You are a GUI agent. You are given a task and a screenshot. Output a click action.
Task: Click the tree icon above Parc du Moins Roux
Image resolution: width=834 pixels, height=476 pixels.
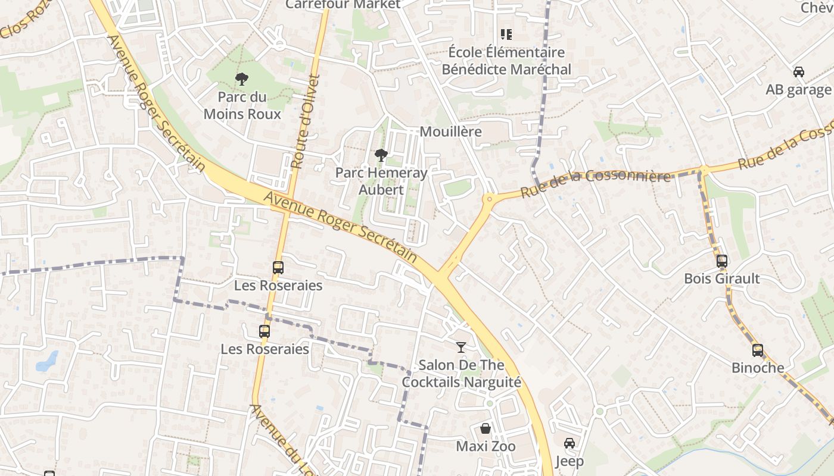pyautogui.click(x=241, y=79)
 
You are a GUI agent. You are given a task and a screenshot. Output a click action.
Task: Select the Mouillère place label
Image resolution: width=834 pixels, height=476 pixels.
pyautogui.click(x=450, y=131)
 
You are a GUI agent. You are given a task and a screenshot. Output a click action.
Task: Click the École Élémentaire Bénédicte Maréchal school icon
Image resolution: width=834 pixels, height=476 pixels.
pyautogui.click(x=506, y=35)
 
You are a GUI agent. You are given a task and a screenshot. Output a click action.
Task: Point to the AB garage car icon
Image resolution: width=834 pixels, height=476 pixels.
pyautogui.click(x=798, y=72)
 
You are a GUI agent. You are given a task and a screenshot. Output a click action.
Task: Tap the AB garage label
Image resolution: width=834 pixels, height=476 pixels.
pyautogui.click(x=798, y=90)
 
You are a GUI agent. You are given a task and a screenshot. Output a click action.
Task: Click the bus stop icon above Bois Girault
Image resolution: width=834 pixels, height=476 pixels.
pyautogui.click(x=721, y=261)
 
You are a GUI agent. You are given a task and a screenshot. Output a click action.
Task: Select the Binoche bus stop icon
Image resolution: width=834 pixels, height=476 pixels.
pyautogui.click(x=757, y=350)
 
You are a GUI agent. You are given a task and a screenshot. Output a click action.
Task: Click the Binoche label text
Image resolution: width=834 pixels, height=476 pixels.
pyautogui.click(x=758, y=368)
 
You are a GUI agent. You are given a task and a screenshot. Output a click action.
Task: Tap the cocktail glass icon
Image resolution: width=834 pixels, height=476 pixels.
pyautogui.click(x=460, y=347)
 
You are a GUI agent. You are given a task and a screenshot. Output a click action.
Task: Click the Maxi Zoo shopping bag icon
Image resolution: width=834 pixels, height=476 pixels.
pyautogui.click(x=486, y=428)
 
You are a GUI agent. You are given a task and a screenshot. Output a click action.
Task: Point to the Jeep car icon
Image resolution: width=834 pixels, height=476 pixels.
pyautogui.click(x=569, y=443)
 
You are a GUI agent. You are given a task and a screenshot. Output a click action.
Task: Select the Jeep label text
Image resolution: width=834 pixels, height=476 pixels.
pyautogui.click(x=570, y=461)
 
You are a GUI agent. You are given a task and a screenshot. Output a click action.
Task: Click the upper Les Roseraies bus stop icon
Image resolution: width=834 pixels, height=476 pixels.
pyautogui.click(x=278, y=268)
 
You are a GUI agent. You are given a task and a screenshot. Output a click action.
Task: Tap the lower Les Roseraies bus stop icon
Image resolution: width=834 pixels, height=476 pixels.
pyautogui.click(x=264, y=331)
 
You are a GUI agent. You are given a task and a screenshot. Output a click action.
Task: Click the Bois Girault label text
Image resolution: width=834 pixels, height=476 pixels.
pyautogui.click(x=721, y=278)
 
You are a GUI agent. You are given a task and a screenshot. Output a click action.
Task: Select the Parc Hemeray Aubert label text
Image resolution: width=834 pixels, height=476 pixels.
pyautogui.click(x=381, y=181)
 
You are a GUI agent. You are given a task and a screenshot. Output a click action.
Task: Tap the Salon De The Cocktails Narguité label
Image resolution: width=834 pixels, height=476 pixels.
pyautogui.click(x=461, y=374)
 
